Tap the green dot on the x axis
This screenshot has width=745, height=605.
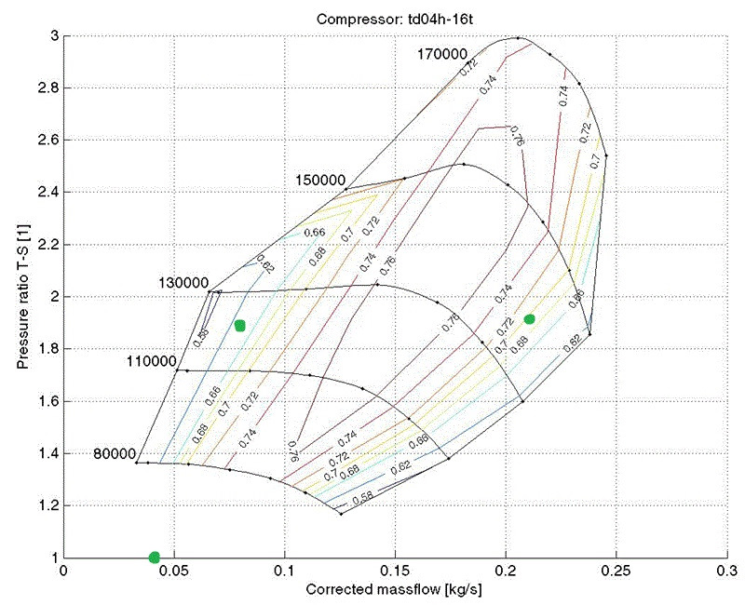(x=154, y=558)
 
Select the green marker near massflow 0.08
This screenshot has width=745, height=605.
(x=240, y=326)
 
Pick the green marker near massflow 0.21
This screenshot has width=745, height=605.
(x=529, y=319)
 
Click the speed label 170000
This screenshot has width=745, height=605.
(x=441, y=55)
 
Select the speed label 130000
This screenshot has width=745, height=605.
(x=183, y=282)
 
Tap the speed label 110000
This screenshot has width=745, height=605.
(x=150, y=361)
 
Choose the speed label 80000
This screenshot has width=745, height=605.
(x=115, y=453)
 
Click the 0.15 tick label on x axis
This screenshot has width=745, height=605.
(x=395, y=571)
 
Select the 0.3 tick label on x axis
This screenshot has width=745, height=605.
(x=726, y=571)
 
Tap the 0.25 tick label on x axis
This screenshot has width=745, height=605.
(x=616, y=571)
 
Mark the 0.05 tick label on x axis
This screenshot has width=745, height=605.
(x=173, y=571)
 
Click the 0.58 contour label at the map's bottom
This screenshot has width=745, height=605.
(x=365, y=496)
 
